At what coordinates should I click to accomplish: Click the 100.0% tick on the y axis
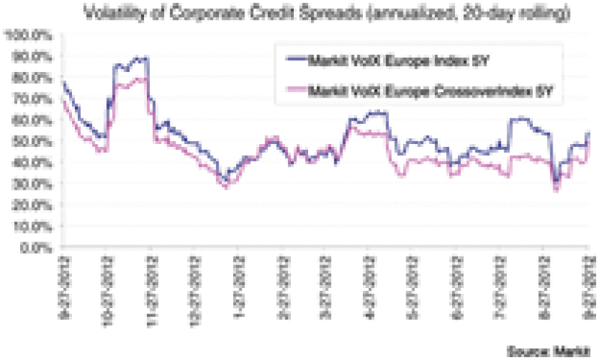point(28,34)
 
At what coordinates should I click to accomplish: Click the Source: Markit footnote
point(548,351)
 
